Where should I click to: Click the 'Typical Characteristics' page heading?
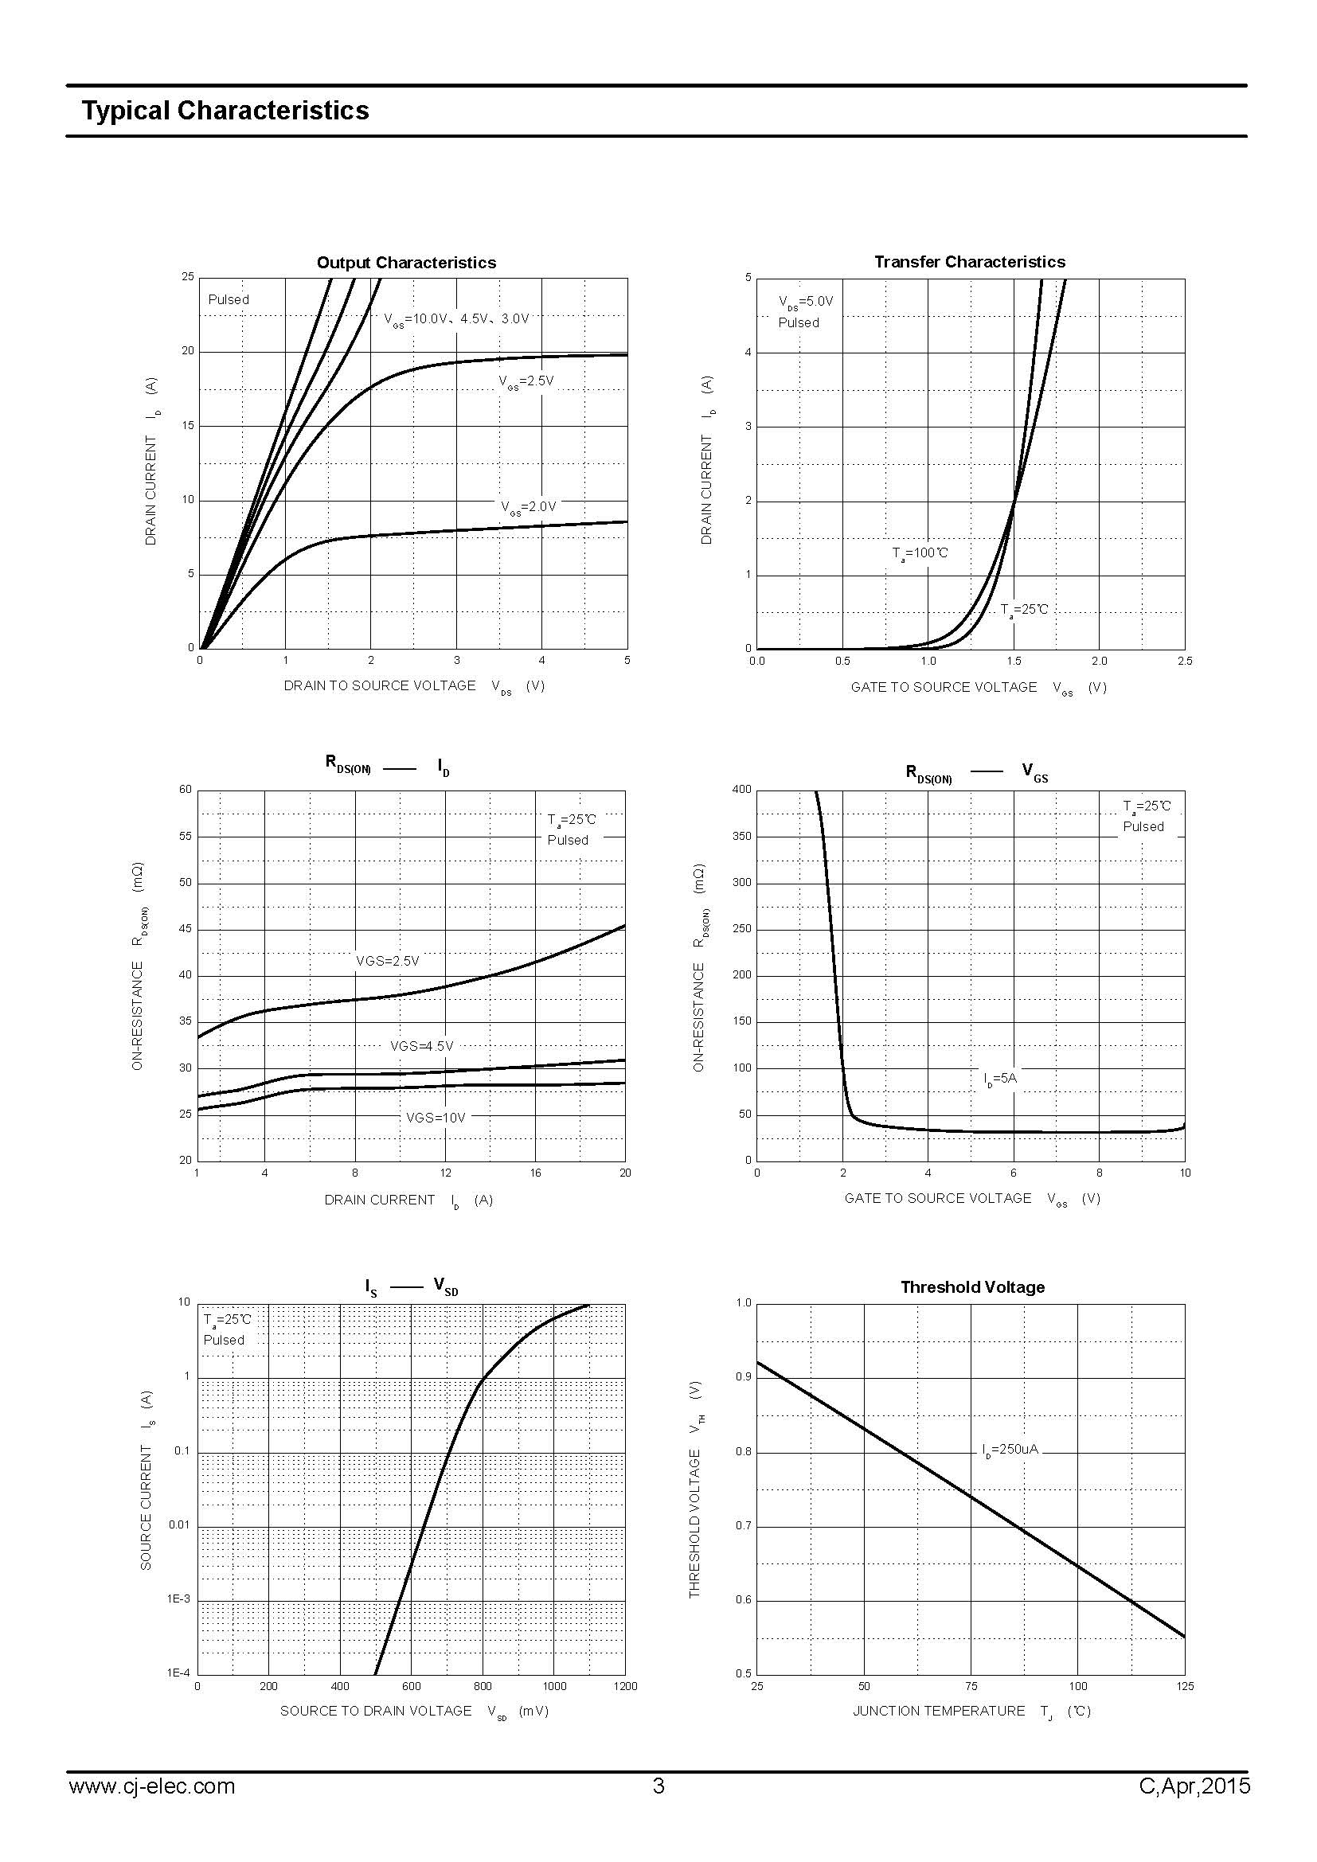click(225, 111)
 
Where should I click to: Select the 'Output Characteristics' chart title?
click(405, 263)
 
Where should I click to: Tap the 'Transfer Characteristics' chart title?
click(969, 262)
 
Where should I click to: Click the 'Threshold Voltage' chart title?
click(971, 1287)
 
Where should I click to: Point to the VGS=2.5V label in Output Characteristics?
click(526, 381)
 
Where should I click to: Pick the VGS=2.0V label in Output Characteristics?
click(528, 507)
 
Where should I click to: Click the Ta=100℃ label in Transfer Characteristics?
click(920, 554)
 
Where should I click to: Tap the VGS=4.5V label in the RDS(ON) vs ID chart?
click(422, 1046)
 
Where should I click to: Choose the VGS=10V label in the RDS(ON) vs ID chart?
click(436, 1118)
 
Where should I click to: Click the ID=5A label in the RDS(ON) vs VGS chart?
click(1000, 1079)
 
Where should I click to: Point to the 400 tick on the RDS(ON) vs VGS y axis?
click(741, 789)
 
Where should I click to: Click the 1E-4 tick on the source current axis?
click(178, 1673)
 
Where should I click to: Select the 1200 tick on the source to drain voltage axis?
click(625, 1687)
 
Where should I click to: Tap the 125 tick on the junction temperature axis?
click(1184, 1687)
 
